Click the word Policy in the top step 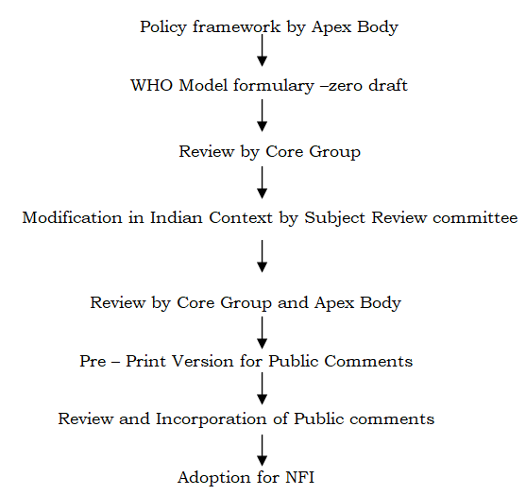click(x=163, y=27)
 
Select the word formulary click(x=274, y=86)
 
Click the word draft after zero click(x=388, y=85)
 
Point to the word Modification click(x=72, y=217)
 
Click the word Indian click(x=176, y=217)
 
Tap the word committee click(x=475, y=218)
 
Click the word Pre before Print click(x=93, y=362)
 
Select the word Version click(x=203, y=362)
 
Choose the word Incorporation click(x=211, y=419)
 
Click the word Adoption click(x=214, y=478)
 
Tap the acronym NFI click(x=300, y=478)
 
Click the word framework click(x=236, y=26)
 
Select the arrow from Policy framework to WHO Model click(x=262, y=50)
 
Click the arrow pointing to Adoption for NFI click(x=262, y=451)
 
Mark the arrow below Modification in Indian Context click(x=262, y=256)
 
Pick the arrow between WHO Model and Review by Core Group click(x=262, y=115)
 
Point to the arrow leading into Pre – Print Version click(x=262, y=333)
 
